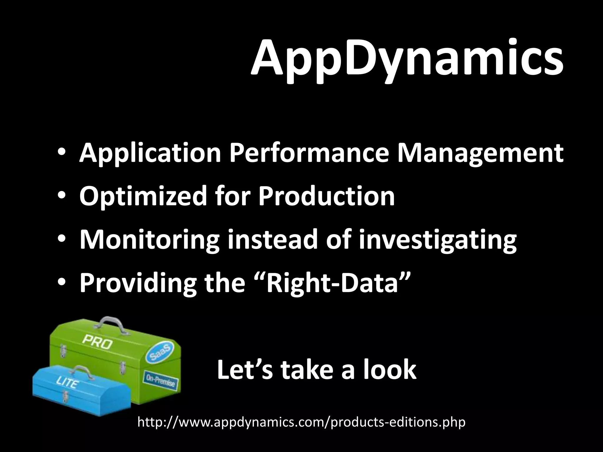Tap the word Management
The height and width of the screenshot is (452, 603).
coord(480,154)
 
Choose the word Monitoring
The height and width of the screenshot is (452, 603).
coord(150,240)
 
